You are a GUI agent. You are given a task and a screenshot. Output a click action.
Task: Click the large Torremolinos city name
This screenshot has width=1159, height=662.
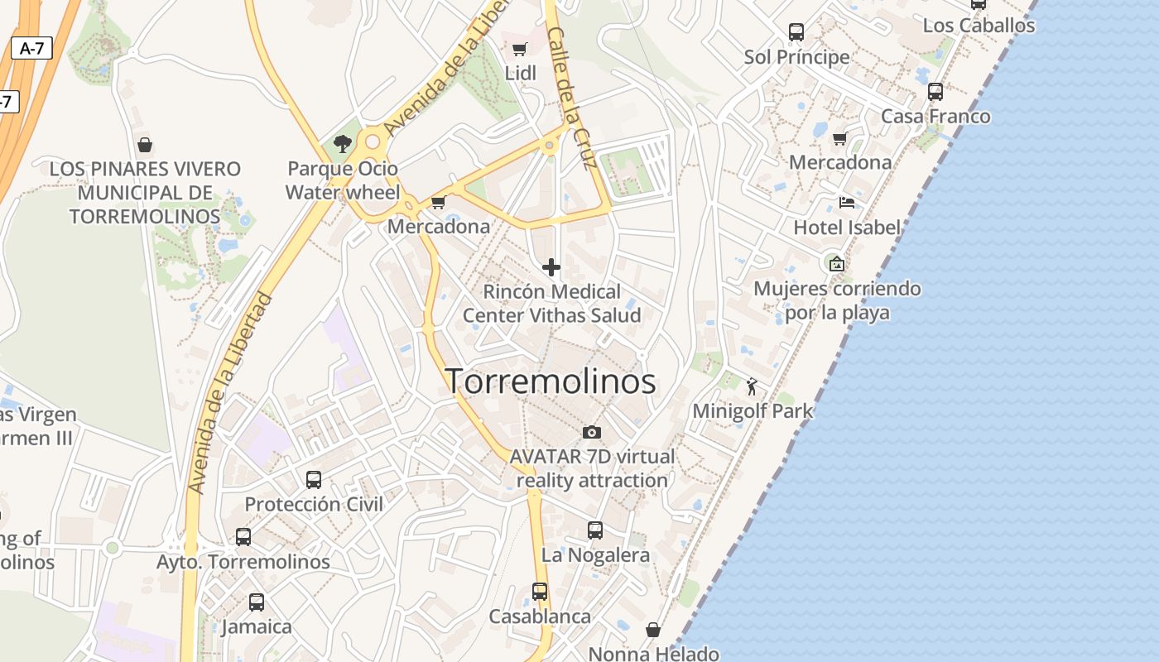551,381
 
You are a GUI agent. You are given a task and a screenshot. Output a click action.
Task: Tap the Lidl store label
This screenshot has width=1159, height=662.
521,73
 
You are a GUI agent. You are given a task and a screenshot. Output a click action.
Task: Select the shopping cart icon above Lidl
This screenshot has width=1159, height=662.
519,49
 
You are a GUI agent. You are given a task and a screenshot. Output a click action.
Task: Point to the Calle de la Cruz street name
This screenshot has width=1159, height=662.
572,98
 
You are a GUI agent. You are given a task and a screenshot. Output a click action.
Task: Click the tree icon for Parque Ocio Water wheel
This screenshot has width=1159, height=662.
342,145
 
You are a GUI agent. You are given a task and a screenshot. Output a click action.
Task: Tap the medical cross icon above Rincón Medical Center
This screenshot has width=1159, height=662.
551,267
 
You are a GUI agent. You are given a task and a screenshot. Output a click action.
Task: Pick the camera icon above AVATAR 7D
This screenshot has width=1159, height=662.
591,432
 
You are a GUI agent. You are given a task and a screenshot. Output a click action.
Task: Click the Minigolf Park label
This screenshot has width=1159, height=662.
753,410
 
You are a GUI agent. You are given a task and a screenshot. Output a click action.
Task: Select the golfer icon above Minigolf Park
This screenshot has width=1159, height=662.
752,386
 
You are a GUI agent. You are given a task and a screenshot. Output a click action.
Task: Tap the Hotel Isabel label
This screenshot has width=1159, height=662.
846,227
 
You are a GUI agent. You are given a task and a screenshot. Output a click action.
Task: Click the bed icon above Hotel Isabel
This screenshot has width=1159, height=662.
846,202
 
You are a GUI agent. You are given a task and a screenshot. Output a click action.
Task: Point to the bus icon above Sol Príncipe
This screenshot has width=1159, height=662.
796,32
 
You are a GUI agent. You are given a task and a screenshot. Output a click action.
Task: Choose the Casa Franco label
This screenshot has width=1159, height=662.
935,116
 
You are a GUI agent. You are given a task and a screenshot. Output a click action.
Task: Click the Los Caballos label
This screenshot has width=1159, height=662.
979,26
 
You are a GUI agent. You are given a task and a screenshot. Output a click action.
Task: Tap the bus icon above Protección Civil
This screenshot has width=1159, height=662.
314,480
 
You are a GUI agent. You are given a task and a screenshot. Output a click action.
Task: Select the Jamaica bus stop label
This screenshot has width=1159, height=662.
257,626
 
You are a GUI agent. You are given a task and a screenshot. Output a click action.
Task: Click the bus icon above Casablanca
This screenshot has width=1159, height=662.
540,592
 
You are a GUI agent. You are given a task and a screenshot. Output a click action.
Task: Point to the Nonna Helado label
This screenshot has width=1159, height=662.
653,654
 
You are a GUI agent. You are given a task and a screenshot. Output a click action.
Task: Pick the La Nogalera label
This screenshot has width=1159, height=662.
595,554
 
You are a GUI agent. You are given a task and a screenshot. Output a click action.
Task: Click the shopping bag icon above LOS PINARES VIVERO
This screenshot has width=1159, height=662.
145,146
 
